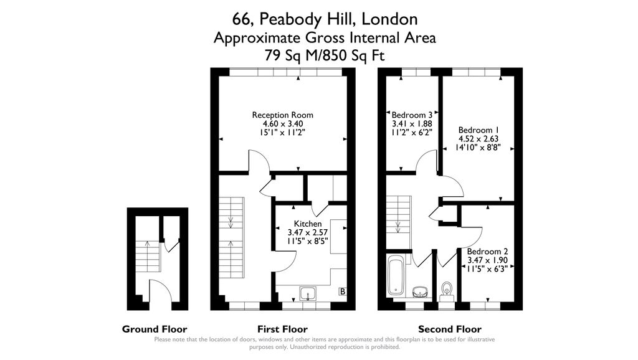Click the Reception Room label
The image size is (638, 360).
point(282,115)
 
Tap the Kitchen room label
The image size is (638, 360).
point(308,224)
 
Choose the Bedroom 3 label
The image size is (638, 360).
point(412,115)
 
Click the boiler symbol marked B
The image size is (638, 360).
point(342,291)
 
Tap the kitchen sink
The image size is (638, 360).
point(308,293)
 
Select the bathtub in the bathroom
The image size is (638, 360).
point(396,275)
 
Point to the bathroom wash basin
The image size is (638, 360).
point(421,291)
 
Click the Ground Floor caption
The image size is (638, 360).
point(155,329)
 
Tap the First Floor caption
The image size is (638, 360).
point(282,329)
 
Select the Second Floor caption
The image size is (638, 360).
point(449,329)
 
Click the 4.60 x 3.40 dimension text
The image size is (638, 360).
point(282,124)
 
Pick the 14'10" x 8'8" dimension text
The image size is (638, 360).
point(478,148)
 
